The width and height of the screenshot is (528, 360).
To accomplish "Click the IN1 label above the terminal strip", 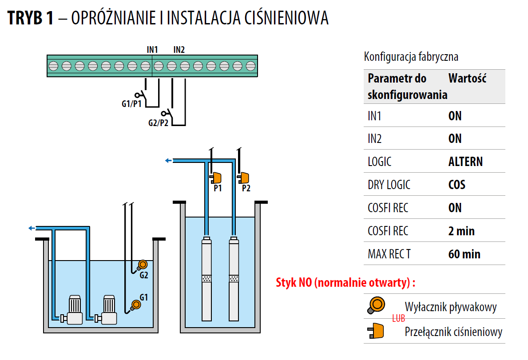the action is pyautogui.click(x=152, y=50).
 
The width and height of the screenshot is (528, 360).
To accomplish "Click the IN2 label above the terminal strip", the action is pyautogui.click(x=179, y=50).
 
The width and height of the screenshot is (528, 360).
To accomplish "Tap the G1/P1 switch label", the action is pyautogui.click(x=131, y=103).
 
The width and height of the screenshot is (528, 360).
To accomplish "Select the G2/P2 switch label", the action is pyautogui.click(x=158, y=123).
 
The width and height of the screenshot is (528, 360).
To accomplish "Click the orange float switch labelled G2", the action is pyautogui.click(x=143, y=265).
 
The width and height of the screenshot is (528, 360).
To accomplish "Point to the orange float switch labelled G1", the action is pyautogui.click(x=136, y=305).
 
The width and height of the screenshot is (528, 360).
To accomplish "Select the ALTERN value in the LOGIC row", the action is pyautogui.click(x=465, y=162).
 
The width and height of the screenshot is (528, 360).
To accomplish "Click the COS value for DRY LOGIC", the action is pyautogui.click(x=457, y=185).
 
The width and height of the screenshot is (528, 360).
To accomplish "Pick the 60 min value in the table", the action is pyautogui.click(x=464, y=254).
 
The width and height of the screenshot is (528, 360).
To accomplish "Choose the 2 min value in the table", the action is pyautogui.click(x=461, y=231).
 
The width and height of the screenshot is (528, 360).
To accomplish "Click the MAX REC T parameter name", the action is pyautogui.click(x=389, y=254).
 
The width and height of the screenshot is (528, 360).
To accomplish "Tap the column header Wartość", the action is pyautogui.click(x=468, y=79).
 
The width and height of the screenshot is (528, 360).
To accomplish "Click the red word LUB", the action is pyautogui.click(x=398, y=318).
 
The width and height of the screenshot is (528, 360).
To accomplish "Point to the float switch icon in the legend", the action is pyautogui.click(x=376, y=305).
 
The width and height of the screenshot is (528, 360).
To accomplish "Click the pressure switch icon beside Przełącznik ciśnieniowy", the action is pyautogui.click(x=375, y=331).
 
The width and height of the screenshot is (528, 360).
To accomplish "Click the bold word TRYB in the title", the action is pyautogui.click(x=25, y=18).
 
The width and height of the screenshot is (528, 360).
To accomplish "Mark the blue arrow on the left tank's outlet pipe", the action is pyautogui.click(x=32, y=228).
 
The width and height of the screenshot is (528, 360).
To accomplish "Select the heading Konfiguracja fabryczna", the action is pyautogui.click(x=411, y=57).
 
